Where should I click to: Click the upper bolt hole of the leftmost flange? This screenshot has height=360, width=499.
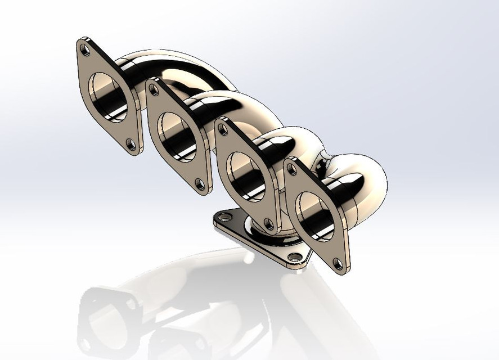(85, 49)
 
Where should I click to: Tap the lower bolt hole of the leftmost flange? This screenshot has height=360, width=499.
(131, 145)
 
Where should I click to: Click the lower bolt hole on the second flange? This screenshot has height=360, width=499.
(199, 183)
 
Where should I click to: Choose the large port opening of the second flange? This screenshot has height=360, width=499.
(176, 137)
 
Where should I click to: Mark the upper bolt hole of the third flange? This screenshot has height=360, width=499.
(223, 130)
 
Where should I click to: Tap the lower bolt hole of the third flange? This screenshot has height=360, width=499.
(268, 224)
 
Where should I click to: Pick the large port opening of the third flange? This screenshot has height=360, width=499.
(246, 176)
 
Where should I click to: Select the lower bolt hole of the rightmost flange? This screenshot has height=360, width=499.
(338, 263)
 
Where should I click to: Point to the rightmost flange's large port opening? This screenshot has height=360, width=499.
(315, 215)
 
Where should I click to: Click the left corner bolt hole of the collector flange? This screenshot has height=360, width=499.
(225, 217)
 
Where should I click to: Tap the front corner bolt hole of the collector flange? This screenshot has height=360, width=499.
(296, 258)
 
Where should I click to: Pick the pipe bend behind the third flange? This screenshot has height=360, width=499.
(298, 141)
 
